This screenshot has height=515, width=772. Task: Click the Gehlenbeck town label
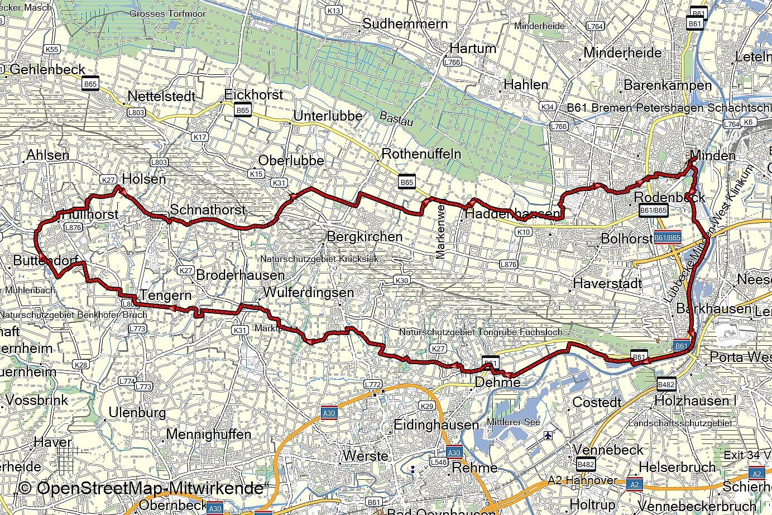(47, 70)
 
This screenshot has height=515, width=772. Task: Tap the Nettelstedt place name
(161, 97)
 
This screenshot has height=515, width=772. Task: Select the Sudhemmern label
(405, 23)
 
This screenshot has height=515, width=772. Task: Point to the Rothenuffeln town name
(421, 154)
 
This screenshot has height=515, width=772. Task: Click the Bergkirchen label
(364, 237)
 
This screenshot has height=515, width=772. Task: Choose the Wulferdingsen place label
(308, 293)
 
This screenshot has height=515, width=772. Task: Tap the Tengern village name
(166, 295)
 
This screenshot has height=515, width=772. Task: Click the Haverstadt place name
(607, 284)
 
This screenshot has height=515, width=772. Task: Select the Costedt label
(597, 403)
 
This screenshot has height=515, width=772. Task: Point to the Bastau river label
(396, 118)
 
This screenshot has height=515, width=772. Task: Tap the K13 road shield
(334, 11)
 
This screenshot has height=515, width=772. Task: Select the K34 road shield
(548, 107)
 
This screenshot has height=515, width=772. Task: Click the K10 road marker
(524, 232)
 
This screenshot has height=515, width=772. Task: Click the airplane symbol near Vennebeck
(550, 435)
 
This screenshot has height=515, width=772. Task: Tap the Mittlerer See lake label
(513, 422)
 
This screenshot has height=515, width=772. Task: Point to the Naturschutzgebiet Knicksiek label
(319, 259)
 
